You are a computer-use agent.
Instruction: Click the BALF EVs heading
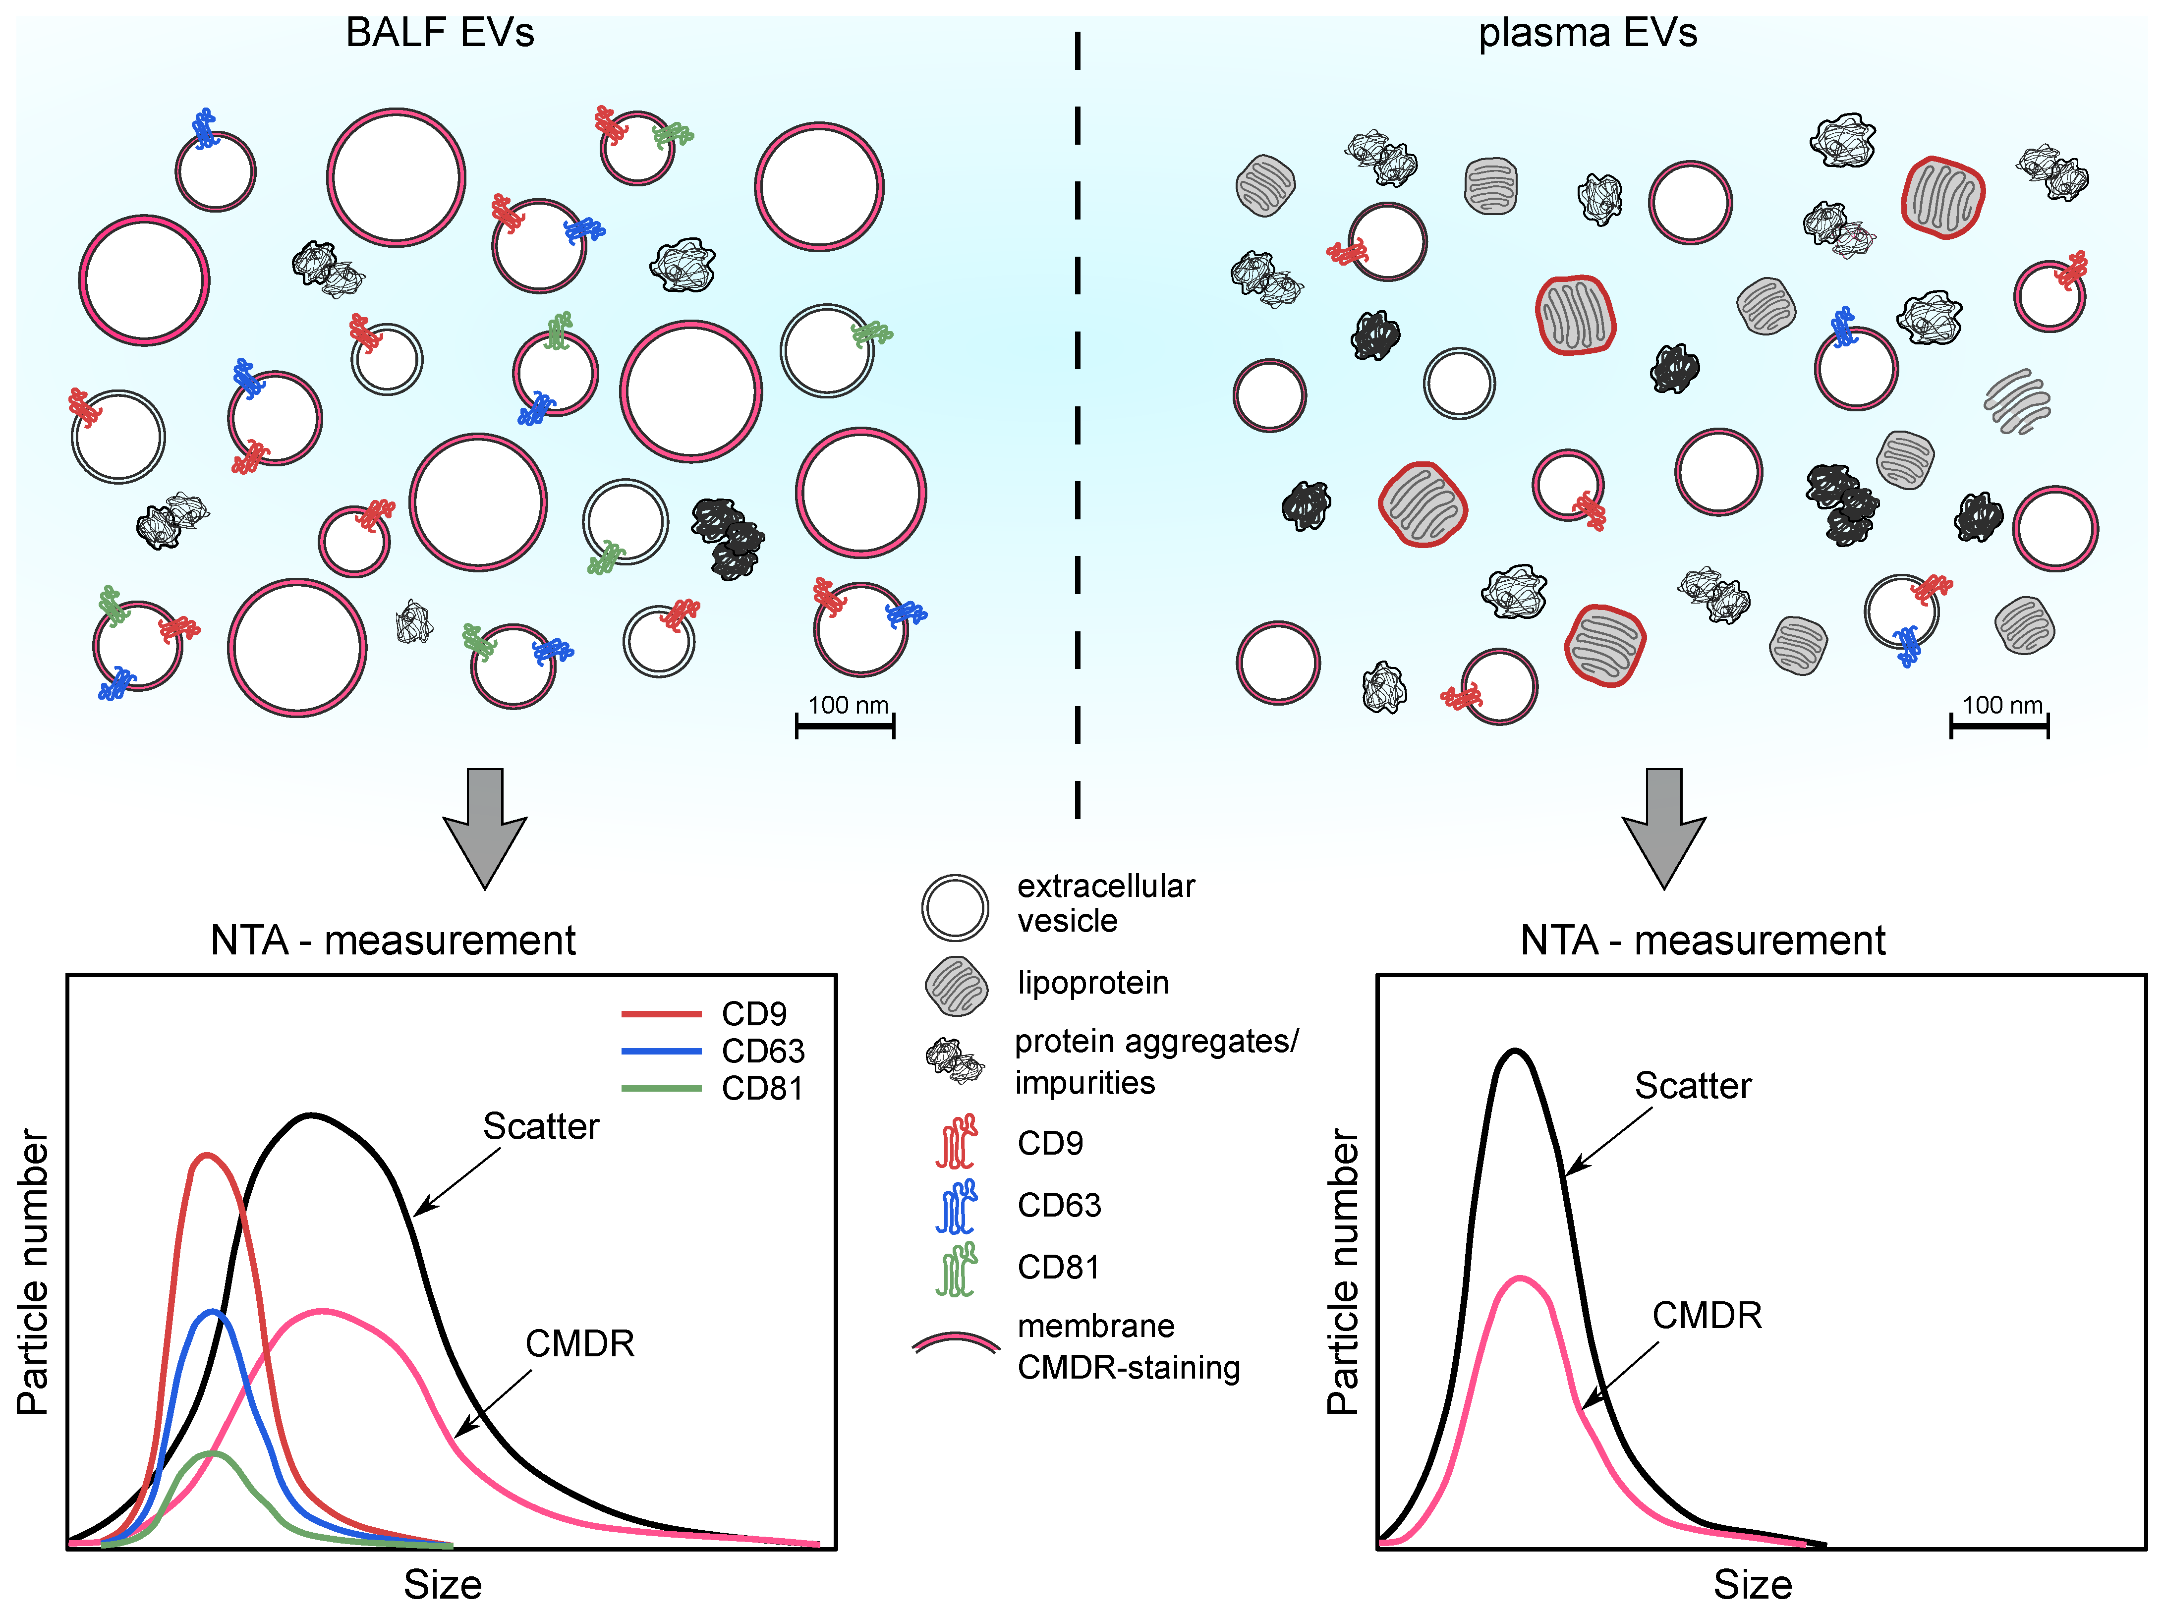tap(440, 33)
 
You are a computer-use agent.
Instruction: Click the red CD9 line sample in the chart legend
tap(661, 1014)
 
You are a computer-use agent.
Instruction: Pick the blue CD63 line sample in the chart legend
tap(661, 1051)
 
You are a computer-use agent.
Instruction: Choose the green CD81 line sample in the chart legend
tap(661, 1088)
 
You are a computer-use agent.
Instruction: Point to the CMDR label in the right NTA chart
tap(1707, 1316)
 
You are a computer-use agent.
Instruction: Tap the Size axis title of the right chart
tap(1753, 1585)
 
